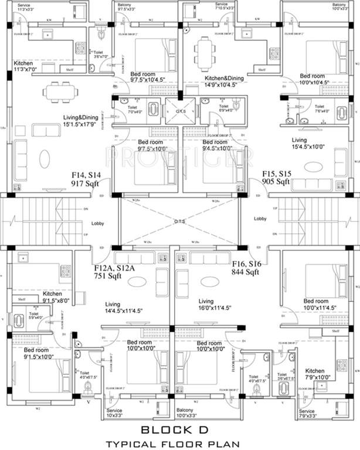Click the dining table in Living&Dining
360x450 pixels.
(58, 91)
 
